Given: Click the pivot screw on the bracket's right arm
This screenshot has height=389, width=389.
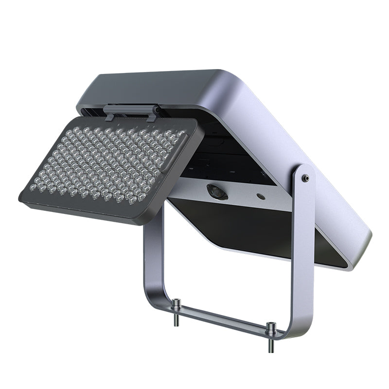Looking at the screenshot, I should tap(305, 178).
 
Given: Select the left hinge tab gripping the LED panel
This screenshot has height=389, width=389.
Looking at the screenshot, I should tap(110, 115).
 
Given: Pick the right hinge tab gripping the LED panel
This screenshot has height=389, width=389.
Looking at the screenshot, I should tap(153, 115).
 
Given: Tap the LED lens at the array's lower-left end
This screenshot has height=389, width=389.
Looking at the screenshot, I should tap(33, 187).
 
